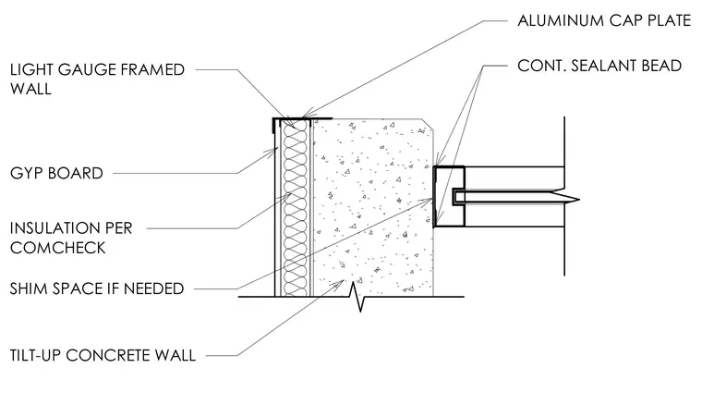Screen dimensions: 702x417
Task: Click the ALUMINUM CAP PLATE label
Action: (x=604, y=20)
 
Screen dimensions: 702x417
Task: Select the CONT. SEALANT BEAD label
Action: (x=599, y=66)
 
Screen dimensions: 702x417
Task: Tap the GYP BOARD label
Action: (x=57, y=173)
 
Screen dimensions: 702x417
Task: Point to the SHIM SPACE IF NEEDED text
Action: (x=97, y=288)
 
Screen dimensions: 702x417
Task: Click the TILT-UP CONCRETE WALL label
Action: (x=103, y=355)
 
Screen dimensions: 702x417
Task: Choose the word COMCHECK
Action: (x=58, y=248)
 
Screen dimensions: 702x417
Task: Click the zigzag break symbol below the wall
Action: (x=360, y=295)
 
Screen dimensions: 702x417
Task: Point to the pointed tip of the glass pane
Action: (x=579, y=200)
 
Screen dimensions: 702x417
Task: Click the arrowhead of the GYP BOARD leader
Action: (x=276, y=151)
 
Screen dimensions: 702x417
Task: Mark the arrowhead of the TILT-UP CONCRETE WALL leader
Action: (x=342, y=282)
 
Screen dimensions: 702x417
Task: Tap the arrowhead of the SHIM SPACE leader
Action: (x=430, y=199)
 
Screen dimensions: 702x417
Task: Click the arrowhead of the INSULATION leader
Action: (x=290, y=195)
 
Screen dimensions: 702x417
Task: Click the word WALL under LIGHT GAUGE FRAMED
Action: (x=30, y=89)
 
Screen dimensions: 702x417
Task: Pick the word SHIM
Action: (x=30, y=288)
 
